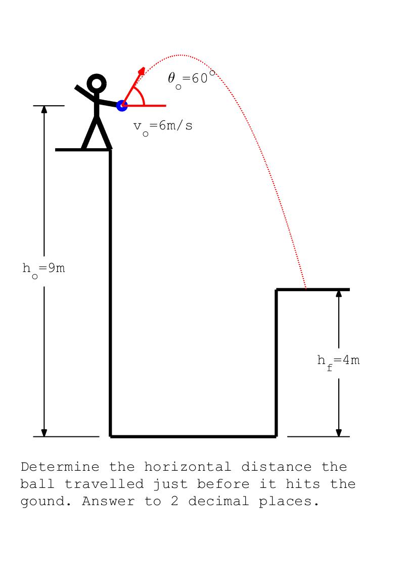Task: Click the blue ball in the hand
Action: click(122, 106)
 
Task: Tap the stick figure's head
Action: click(97, 83)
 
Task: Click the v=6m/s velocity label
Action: click(163, 126)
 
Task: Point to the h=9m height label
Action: click(43, 269)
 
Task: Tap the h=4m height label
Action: click(338, 362)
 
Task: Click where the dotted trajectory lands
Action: click(306, 289)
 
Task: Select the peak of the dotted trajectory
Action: click(180, 55)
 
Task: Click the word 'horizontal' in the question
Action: click(188, 467)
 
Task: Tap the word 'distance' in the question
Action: click(276, 467)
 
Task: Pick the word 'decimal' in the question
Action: click(218, 501)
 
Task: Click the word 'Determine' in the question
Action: click(60, 467)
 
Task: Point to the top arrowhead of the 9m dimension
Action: click(44, 109)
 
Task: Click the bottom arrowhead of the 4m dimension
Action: click(339, 433)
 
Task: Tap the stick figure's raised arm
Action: click(85, 93)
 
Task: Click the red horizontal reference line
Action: click(144, 106)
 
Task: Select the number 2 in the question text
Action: click(174, 501)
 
